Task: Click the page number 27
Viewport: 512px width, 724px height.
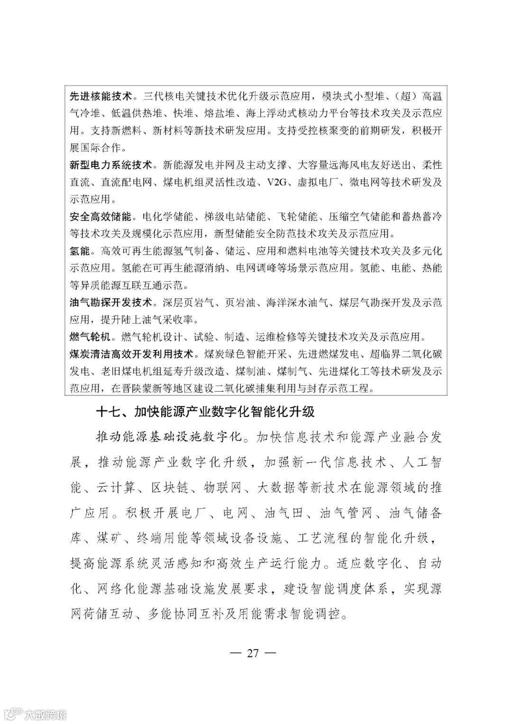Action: click(252, 653)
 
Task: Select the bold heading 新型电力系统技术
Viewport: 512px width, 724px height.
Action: click(111, 165)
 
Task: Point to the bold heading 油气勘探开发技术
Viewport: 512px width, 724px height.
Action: click(111, 302)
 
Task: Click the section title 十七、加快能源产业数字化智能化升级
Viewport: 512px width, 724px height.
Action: click(205, 411)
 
